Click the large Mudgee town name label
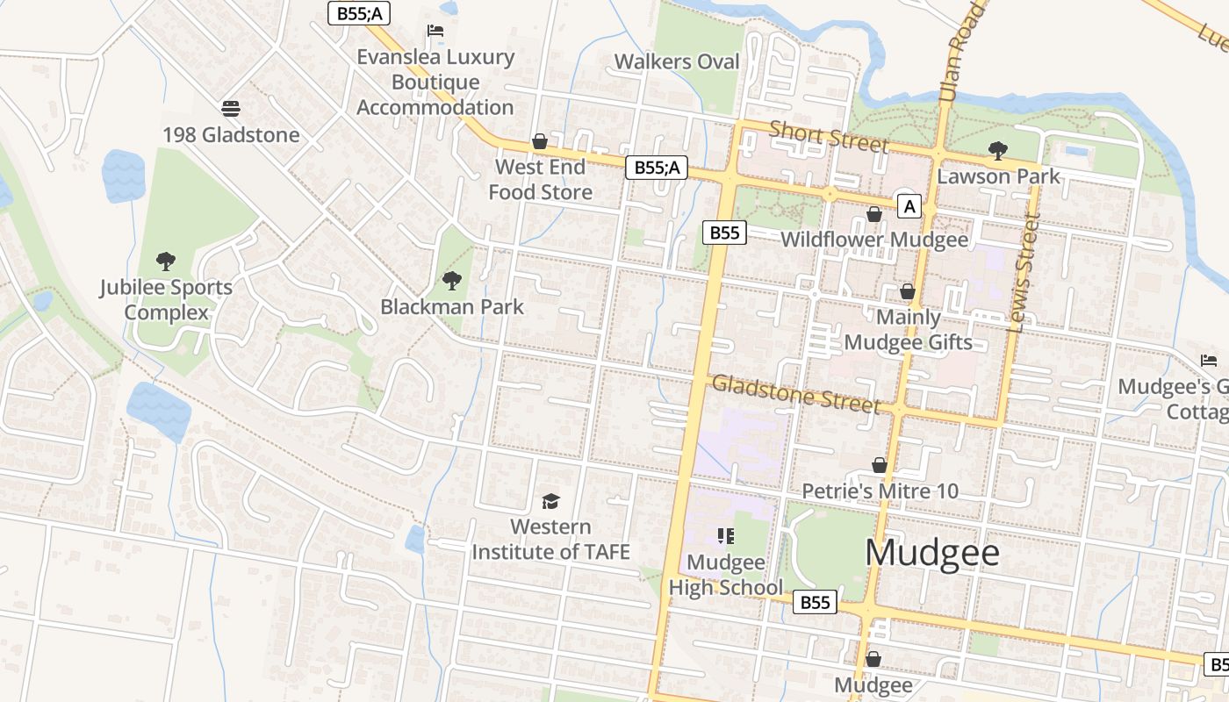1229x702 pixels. pyautogui.click(x=931, y=553)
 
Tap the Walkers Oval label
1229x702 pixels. pyautogui.click(x=677, y=61)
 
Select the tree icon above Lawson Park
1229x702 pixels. pyautogui.click(x=997, y=151)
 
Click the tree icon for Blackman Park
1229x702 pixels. pyautogui.click(x=452, y=281)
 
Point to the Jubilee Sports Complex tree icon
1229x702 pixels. pyautogui.click(x=165, y=261)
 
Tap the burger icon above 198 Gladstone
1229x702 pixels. pyautogui.click(x=231, y=109)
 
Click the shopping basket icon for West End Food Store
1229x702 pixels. pyautogui.click(x=540, y=141)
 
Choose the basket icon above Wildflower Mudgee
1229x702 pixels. pyautogui.click(x=874, y=214)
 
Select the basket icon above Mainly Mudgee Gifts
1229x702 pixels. pyautogui.click(x=908, y=291)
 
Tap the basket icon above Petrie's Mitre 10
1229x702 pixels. pyautogui.click(x=880, y=465)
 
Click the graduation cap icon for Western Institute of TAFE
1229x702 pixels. pyautogui.click(x=550, y=501)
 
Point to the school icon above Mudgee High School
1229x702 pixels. pyautogui.click(x=725, y=535)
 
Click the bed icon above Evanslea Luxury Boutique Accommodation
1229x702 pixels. pyautogui.click(x=435, y=31)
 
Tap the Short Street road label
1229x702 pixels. pyautogui.click(x=829, y=136)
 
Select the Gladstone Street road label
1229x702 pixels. pyautogui.click(x=795, y=393)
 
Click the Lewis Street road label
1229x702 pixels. pyautogui.click(x=1024, y=272)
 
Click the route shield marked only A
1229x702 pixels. pyautogui.click(x=909, y=207)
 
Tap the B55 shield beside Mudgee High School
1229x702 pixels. pyautogui.click(x=816, y=602)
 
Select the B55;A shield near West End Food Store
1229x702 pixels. pyautogui.click(x=656, y=168)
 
